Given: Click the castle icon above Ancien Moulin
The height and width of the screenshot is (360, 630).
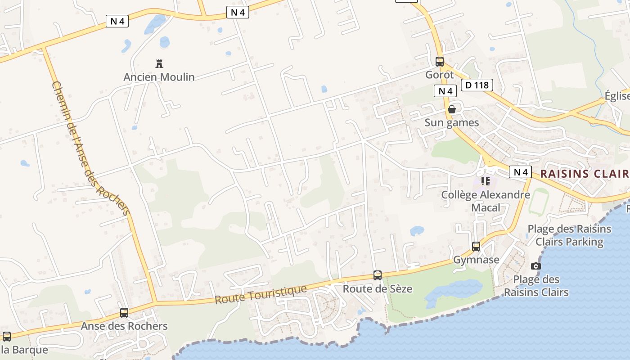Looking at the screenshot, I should (158, 63).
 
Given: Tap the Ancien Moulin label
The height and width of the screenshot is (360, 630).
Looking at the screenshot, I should (159, 77).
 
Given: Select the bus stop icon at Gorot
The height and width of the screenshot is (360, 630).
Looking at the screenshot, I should (440, 62).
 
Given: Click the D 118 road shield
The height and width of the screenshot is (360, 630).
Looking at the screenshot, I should (477, 85).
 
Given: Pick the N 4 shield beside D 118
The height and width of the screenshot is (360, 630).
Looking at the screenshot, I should (445, 91).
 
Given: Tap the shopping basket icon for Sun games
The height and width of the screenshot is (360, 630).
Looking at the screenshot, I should (451, 109).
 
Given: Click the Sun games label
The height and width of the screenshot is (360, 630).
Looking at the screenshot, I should (451, 122).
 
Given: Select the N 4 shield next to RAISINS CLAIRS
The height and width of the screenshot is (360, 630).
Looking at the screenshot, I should (520, 172).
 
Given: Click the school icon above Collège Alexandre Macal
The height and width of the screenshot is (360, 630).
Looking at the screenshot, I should (485, 181).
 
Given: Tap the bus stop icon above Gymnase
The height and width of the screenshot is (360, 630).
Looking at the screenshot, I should (476, 247).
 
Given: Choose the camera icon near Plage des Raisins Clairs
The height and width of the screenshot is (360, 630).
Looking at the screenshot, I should (535, 266).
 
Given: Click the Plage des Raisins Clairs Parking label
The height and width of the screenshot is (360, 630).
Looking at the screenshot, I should (569, 235).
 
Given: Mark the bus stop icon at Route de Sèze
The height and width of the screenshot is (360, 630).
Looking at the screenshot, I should (378, 275).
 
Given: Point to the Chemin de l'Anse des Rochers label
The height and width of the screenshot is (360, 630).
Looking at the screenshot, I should (90, 148).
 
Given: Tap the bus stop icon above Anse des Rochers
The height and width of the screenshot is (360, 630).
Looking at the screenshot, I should (124, 313).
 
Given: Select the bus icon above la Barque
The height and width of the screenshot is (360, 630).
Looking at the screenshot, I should (7, 337).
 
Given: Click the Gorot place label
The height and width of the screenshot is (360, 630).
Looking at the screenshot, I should (439, 75).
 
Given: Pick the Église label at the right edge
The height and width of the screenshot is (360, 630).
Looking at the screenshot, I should (617, 96).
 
